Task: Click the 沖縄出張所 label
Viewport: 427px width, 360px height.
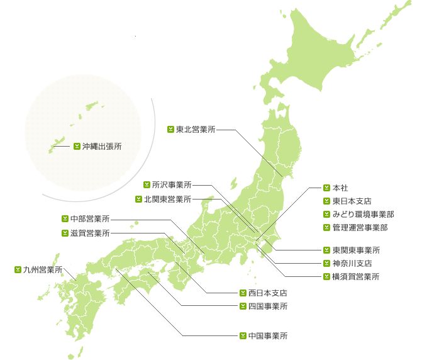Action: [102, 146]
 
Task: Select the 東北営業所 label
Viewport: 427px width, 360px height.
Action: [196, 130]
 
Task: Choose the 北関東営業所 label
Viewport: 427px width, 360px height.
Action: [167, 200]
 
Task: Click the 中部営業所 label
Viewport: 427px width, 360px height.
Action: [90, 219]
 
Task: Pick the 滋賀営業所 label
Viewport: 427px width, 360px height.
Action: [90, 233]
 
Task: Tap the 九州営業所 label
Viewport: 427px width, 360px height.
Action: [42, 269]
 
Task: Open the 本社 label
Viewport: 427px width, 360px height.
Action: [340, 188]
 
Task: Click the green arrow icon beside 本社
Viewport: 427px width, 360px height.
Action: [326, 188]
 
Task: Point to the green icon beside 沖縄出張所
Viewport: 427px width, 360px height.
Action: [77, 146]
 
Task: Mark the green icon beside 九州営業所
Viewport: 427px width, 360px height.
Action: [18, 269]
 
